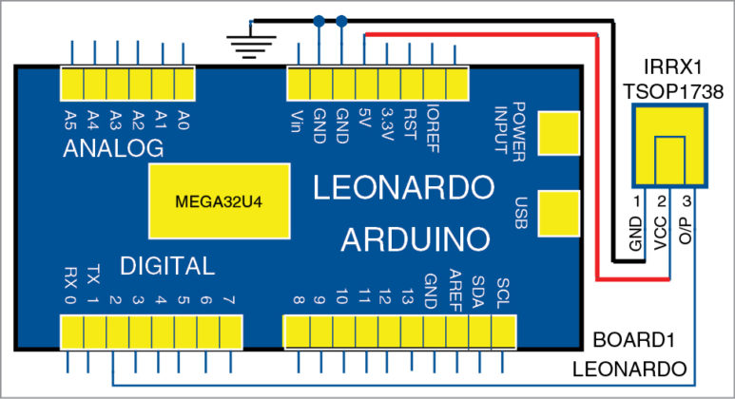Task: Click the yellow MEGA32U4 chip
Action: click(218, 201)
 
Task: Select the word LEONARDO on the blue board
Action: click(404, 187)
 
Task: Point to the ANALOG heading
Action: click(114, 149)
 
